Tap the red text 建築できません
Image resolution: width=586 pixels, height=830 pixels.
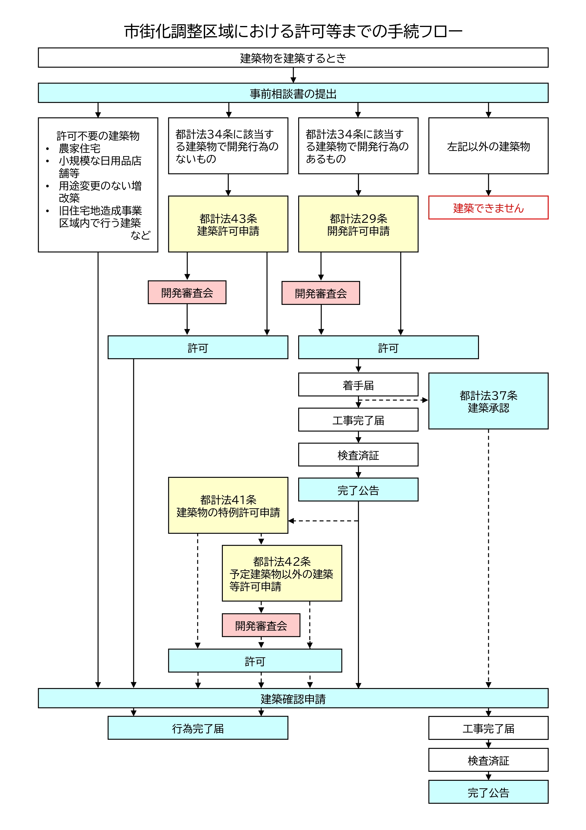pos(488,208)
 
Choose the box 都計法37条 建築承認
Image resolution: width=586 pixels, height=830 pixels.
pos(488,401)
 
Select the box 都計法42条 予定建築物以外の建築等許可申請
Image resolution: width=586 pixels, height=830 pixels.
pos(282,573)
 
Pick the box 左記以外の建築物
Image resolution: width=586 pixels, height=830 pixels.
pos(488,146)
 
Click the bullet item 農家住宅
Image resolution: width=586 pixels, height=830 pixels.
pos(79,148)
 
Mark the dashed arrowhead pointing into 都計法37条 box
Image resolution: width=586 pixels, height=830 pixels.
pos(425,400)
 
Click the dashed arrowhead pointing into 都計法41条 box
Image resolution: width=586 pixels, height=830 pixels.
pos(291,521)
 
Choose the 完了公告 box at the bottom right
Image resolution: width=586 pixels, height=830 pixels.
pos(488,792)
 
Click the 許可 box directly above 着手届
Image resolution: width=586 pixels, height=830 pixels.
pos(388,347)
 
